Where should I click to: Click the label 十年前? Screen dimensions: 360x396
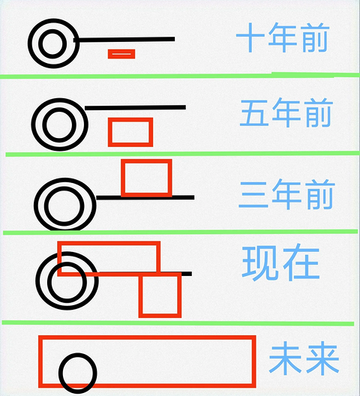click(283, 37)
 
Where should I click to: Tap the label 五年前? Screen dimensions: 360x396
click(286, 112)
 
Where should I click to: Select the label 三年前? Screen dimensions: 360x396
click(286, 194)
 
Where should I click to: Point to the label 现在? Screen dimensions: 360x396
click(280, 262)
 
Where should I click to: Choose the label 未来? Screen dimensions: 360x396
click(304, 358)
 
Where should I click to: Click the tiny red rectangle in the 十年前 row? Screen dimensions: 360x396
click(121, 54)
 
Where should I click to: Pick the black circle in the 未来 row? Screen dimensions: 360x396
click(60, 373)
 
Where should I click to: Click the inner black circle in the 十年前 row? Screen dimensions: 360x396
click(40, 43)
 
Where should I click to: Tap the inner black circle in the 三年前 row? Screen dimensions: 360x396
click(46, 206)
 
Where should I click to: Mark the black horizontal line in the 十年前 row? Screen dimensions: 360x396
click(124, 40)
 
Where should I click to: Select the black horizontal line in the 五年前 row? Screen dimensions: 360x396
click(135, 107)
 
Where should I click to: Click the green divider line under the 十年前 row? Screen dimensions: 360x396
click(180, 75)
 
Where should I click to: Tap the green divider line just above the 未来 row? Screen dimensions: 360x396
click(178, 323)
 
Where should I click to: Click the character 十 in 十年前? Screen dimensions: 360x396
click(250, 37)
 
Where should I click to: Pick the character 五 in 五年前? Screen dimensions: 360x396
click(254, 113)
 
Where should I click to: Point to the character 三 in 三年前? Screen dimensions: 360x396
click(253, 195)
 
